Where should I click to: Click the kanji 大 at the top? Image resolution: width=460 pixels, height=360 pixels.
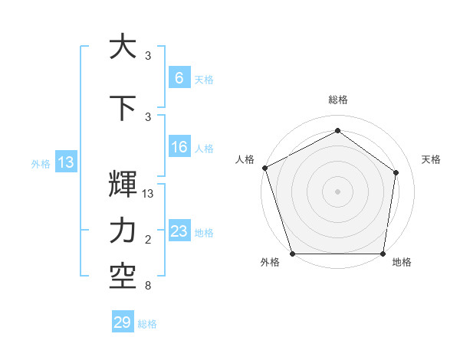(123, 47)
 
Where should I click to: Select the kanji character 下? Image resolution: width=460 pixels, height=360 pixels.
(123, 106)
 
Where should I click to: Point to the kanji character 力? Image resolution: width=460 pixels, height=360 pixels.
(123, 231)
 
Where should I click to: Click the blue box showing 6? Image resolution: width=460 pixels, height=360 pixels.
(179, 78)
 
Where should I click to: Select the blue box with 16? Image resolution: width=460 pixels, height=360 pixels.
(179, 147)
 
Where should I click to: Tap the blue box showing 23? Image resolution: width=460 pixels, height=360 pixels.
(179, 231)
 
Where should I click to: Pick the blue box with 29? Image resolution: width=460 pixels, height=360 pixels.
(123, 322)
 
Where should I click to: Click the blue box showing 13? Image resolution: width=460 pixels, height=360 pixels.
(65, 162)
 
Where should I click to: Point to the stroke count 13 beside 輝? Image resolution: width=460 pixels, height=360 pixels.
(149, 194)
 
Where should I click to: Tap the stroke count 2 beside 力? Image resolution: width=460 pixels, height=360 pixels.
(147, 241)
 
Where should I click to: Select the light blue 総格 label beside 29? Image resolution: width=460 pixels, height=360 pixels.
(147, 324)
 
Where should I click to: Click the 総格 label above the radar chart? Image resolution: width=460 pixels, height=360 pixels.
(337, 100)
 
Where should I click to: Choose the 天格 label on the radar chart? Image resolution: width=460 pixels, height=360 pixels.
(432, 159)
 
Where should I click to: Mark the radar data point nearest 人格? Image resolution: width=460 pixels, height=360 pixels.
(264, 168)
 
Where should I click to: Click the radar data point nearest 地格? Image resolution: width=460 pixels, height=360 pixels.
(383, 254)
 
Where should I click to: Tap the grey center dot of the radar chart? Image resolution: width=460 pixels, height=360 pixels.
(337, 191)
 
